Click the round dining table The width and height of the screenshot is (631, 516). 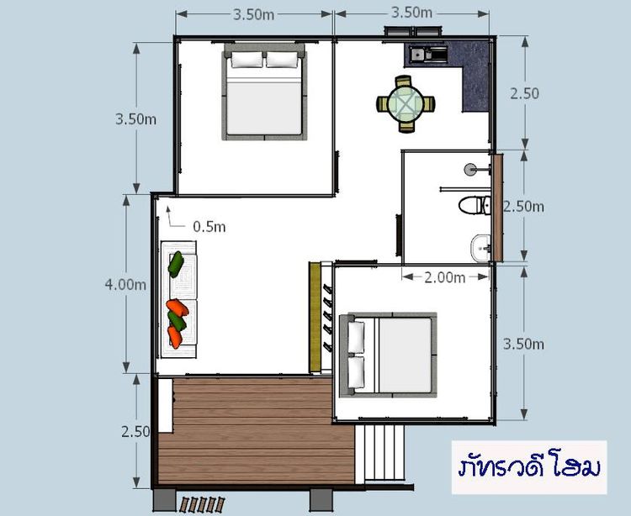(x=406, y=105)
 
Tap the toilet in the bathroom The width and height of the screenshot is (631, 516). (x=473, y=205)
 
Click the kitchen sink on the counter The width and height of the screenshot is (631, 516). (x=419, y=55)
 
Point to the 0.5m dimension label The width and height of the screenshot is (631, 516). (x=209, y=227)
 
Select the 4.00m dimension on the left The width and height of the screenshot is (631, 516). (x=125, y=284)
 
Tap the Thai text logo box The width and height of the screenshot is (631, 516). (x=528, y=466)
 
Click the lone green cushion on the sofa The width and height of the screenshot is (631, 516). (x=176, y=264)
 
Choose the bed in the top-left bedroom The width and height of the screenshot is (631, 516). (x=263, y=94)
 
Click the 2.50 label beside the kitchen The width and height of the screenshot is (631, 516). (x=524, y=93)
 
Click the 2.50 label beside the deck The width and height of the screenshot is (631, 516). (x=135, y=431)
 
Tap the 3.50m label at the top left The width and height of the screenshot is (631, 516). (x=255, y=14)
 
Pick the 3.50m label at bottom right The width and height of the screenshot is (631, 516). (x=523, y=344)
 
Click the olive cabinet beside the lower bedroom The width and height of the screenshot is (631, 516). (x=315, y=317)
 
